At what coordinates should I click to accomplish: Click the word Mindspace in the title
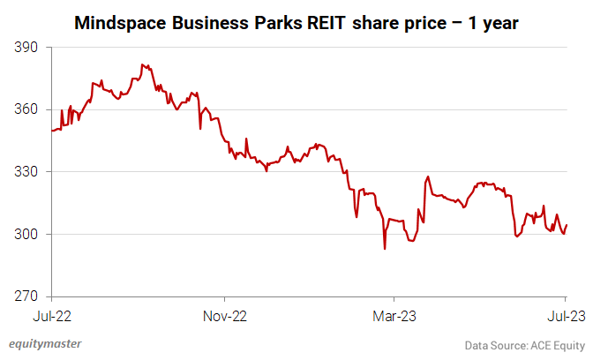pyautogui.click(x=117, y=20)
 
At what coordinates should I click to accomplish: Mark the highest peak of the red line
pyautogui.click(x=142, y=64)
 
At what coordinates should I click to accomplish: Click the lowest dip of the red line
pyautogui.click(x=385, y=249)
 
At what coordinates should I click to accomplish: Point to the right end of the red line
pyautogui.click(x=567, y=225)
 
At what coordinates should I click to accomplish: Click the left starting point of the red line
pyautogui.click(x=52, y=131)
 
